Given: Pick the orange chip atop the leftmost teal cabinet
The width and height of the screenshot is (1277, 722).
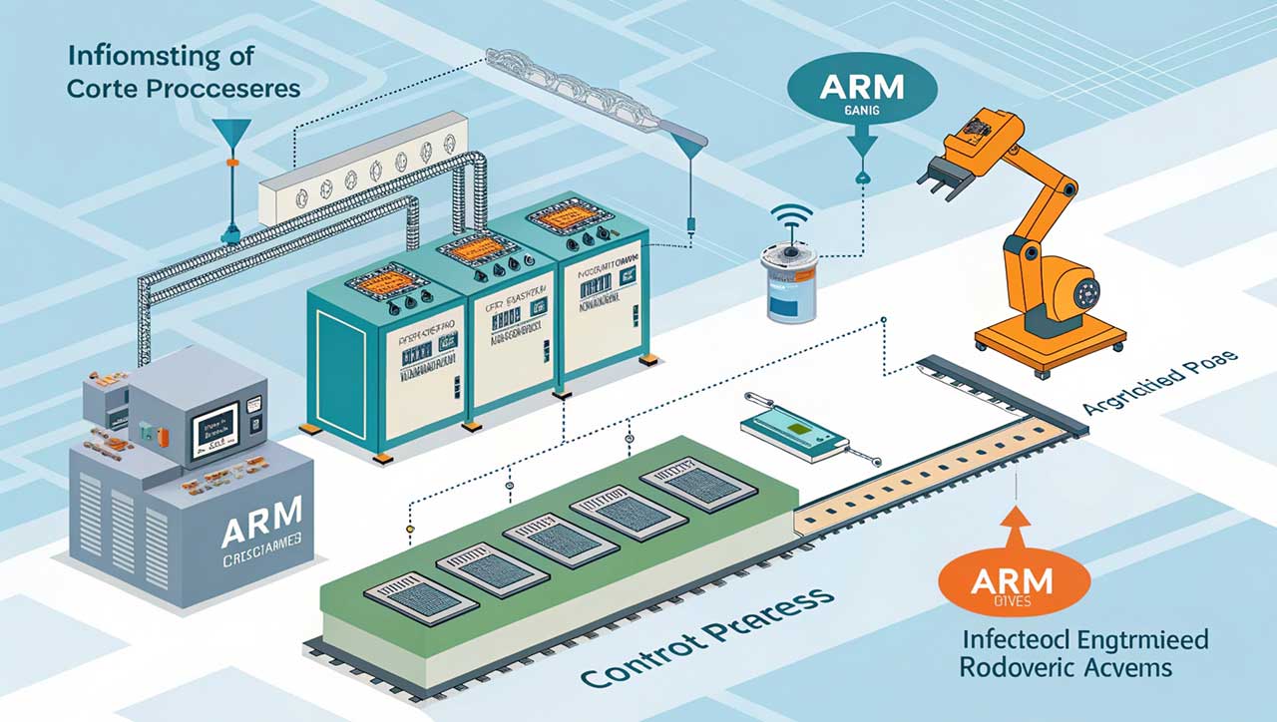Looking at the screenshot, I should (x=385, y=277).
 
